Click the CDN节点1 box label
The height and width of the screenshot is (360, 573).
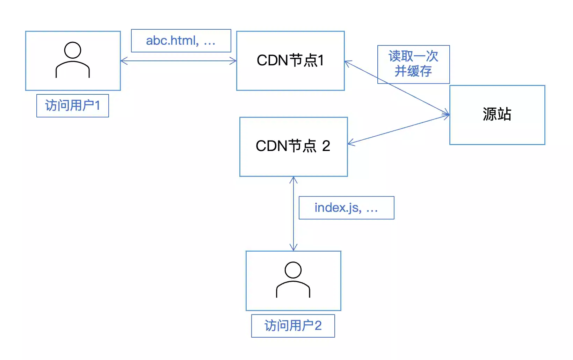click(290, 60)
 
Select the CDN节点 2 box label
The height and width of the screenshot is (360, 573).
click(293, 146)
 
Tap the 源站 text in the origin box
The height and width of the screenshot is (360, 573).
click(497, 114)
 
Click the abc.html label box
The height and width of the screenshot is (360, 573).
click(181, 41)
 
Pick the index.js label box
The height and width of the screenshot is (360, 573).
click(346, 208)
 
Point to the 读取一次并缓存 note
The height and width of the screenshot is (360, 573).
click(413, 64)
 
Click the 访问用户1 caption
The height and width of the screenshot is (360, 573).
click(73, 106)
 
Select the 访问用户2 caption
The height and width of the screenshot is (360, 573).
click(293, 326)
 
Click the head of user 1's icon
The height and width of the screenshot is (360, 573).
click(73, 50)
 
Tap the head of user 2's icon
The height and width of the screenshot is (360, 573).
click(293, 270)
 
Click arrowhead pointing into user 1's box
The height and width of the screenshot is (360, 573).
click(123, 61)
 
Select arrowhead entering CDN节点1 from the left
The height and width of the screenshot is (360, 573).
click(233, 61)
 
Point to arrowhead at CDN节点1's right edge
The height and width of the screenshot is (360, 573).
click(347, 63)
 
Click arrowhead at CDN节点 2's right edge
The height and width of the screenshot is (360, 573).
click(350, 143)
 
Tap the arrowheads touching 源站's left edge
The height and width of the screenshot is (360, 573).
click(446, 115)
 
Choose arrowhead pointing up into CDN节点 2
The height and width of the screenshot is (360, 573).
click(293, 180)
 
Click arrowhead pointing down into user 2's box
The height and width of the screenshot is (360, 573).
click(293, 247)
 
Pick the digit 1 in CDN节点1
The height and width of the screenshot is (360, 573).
click(321, 60)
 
